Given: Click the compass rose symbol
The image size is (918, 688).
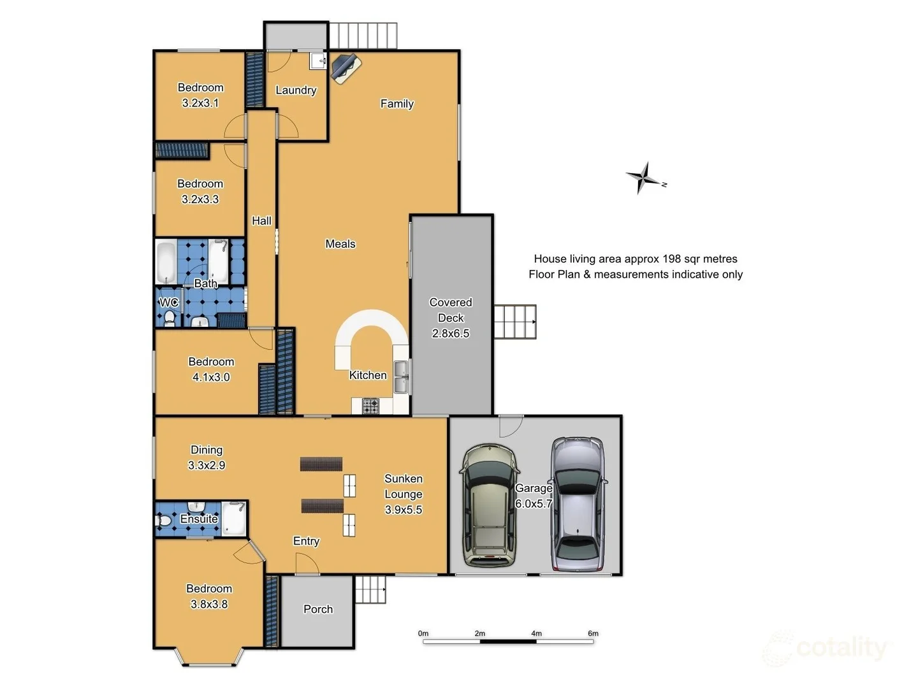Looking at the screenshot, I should (x=645, y=178).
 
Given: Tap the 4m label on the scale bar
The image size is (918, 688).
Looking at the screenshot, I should (x=536, y=633).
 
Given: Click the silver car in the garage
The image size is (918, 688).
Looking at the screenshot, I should (x=578, y=504).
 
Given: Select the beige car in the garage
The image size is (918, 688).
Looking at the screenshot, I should (x=490, y=505).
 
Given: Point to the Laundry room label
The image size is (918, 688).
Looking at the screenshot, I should (x=296, y=90).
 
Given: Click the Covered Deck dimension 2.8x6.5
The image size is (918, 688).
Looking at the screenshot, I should (x=451, y=333).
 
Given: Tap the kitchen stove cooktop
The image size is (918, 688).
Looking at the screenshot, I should (x=370, y=405).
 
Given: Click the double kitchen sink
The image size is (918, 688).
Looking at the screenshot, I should (x=400, y=377).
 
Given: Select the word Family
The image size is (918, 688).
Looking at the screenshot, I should (x=397, y=104).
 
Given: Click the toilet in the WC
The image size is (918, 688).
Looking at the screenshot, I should (x=170, y=317).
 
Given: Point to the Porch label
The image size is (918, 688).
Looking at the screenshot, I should (x=318, y=609).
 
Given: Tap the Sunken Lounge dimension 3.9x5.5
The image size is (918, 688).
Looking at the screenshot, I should (x=403, y=510).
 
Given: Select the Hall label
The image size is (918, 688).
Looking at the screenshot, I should (x=261, y=221).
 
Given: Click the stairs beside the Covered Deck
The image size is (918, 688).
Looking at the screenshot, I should (x=514, y=322).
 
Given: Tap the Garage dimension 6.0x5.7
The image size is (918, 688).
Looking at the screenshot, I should (x=534, y=503).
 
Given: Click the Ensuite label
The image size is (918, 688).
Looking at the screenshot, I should (x=199, y=519).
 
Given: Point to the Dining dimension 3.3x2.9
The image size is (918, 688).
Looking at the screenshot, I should (x=207, y=466).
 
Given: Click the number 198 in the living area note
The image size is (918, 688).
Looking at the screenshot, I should (x=671, y=259).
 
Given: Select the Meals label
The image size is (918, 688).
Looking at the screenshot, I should (x=340, y=244).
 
